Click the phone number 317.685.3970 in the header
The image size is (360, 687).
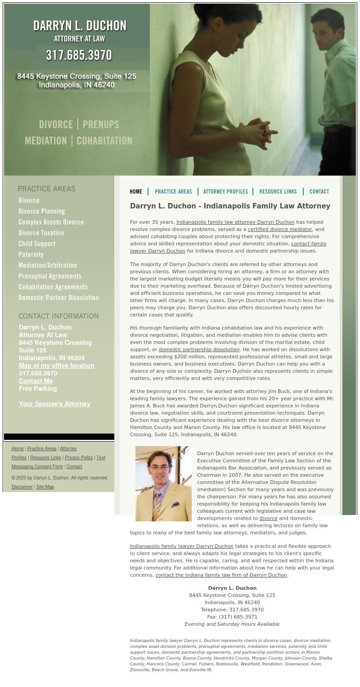[79, 55]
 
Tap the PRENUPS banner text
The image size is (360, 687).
[101, 125]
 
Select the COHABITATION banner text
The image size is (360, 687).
[104, 141]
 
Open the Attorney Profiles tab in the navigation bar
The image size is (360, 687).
[225, 192]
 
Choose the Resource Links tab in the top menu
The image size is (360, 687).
[278, 192]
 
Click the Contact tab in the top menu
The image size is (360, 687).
[319, 192]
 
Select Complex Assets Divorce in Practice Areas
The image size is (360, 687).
[51, 222]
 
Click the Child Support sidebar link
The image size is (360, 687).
[37, 244]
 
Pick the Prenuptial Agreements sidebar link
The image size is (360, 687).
[50, 276]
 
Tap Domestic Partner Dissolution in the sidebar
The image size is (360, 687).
[58, 298]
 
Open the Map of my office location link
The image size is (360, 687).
[56, 366]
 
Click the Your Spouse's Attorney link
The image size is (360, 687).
[54, 404]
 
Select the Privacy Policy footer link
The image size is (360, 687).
[79, 457]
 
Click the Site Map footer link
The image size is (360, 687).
[45, 487]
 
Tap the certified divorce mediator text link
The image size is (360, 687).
[280, 229]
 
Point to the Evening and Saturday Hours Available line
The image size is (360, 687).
[232, 624]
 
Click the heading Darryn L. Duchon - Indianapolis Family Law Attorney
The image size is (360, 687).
[230, 206]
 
